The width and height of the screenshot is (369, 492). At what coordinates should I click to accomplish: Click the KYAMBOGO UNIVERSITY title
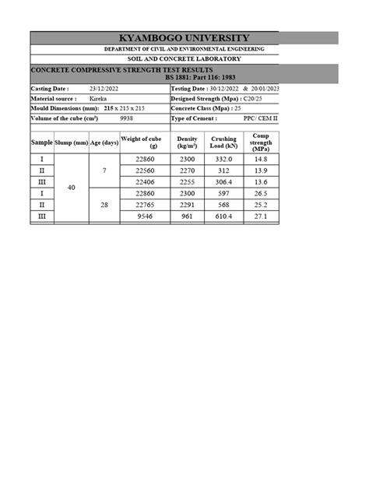(184, 38)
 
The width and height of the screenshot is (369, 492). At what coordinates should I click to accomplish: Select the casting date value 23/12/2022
(102, 89)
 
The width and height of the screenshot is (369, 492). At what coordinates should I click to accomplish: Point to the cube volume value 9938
(127, 118)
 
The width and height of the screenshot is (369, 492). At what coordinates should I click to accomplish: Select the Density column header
(186, 142)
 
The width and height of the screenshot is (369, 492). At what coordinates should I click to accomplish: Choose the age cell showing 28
(104, 204)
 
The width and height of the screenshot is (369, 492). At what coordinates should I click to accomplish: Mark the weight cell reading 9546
(146, 217)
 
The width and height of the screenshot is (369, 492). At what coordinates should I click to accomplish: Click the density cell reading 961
(186, 217)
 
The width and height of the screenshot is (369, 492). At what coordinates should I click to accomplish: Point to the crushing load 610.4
(223, 217)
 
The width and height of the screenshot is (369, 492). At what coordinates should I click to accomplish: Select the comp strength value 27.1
(260, 217)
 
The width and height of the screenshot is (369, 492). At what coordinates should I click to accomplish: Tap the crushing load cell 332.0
(223, 159)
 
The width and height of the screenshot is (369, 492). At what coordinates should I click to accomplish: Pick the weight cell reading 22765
(146, 205)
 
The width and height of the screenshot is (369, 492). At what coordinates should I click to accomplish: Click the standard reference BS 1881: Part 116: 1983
(206, 79)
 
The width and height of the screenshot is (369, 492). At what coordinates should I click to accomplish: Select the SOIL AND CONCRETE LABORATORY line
(184, 59)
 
